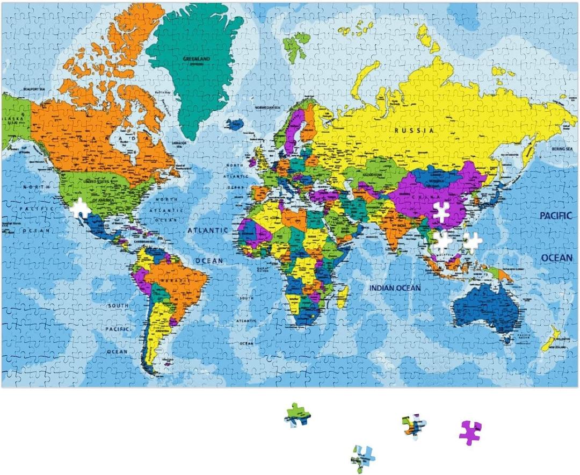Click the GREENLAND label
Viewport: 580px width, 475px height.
click(x=196, y=59)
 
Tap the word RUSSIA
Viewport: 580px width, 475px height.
click(x=415, y=130)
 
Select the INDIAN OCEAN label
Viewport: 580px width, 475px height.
click(x=395, y=288)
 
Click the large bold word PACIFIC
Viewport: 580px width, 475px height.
click(x=556, y=215)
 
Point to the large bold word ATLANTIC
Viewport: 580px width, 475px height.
click(x=207, y=230)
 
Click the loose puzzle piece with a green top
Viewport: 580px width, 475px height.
click(x=297, y=415)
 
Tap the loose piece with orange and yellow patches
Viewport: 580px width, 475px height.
click(x=414, y=425)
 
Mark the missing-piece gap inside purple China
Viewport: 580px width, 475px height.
click(x=442, y=213)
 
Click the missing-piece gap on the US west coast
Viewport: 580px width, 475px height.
click(x=81, y=208)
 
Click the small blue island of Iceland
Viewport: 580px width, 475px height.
click(x=235, y=124)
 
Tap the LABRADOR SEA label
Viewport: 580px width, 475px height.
click(x=179, y=143)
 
